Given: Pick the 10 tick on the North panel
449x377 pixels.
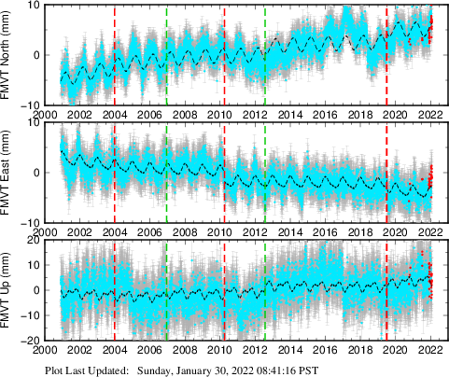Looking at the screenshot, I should point(35,6).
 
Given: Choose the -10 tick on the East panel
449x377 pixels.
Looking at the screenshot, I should point(32,222).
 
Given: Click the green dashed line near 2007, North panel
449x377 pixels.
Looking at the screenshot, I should point(166,56).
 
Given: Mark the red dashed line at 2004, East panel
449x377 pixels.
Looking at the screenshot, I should point(114,173).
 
